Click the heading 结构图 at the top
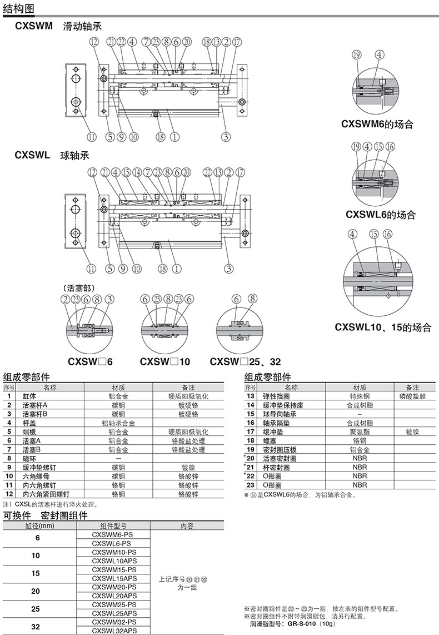(18, 9)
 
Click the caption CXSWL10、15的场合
(383, 328)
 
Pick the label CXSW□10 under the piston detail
(165, 361)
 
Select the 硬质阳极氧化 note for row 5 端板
(188, 431)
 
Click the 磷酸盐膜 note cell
(412, 396)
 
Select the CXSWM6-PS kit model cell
(114, 534)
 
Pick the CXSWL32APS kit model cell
(114, 631)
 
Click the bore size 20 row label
(36, 591)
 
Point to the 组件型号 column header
(114, 525)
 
